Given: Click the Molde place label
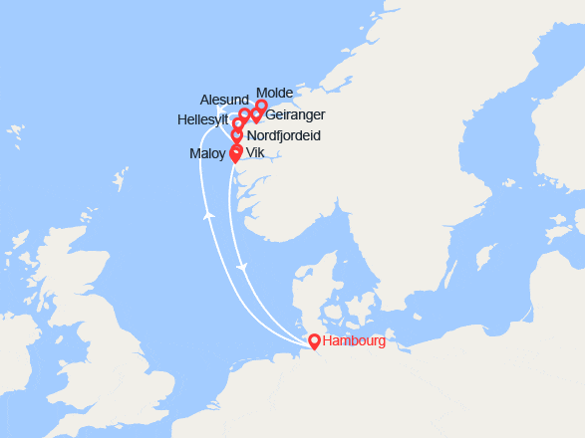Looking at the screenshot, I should coord(274,93).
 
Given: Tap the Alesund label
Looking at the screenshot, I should coord(223,101).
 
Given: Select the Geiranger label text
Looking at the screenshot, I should coord(295,115).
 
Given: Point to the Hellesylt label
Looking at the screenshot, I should coord(203,116).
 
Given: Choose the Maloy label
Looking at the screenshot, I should coord(207,153).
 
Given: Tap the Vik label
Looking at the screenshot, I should coord(254,153).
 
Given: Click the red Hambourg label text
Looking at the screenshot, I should coord(354,341).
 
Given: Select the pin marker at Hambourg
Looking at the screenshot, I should coord(314,341).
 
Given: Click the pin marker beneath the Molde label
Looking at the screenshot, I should coord(261,106).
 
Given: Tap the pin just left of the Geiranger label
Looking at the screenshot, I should coord(256,115).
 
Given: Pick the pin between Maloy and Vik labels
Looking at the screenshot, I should coord(235,153).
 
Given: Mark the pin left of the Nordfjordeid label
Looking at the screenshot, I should coord(237,134).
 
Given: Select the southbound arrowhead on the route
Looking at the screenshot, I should coord(242,269).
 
